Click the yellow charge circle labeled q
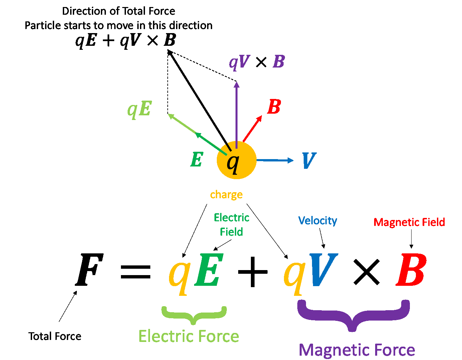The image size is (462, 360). point(237,160)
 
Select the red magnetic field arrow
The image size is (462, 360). point(252,129)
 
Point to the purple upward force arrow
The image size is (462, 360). point(237,114)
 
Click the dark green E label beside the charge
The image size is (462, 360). point(197,159)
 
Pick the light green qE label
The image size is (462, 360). point(140,109)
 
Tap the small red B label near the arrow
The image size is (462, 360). point(274,107)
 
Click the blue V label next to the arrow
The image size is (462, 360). point(309,161)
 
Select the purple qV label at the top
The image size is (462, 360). point(239,62)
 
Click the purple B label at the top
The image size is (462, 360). point(279,62)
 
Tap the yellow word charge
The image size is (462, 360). point(226,195)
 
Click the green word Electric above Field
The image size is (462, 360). point(232,218)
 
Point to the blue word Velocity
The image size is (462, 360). point(318,221)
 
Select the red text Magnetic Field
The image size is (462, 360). point(409,222)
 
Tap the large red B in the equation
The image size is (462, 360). point(411,270)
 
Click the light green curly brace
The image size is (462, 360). point(194,314)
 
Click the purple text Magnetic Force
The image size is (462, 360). point(357,350)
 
